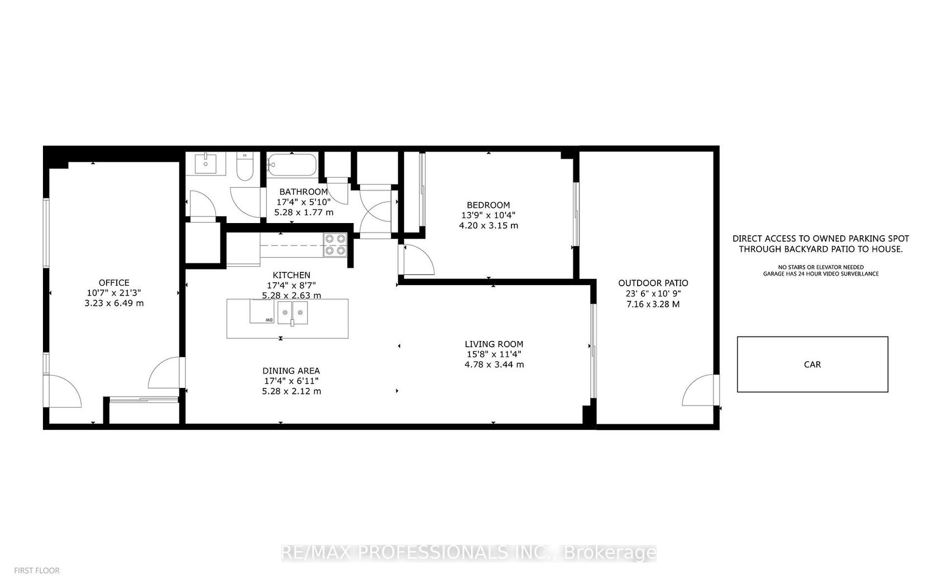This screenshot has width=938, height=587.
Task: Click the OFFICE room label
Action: (x=114, y=283)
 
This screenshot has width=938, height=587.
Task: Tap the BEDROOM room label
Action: (x=488, y=205)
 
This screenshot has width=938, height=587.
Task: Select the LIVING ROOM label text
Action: (x=494, y=344)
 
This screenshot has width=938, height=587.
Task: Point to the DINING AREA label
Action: (x=291, y=371)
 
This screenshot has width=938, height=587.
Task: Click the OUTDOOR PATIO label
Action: (x=653, y=283)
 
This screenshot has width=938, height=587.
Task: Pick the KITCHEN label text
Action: (x=291, y=275)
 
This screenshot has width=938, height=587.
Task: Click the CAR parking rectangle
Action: (x=812, y=364)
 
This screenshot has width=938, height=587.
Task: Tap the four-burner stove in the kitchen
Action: (x=336, y=245)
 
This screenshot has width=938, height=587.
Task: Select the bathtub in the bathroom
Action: (x=293, y=165)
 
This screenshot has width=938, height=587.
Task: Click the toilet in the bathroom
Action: (x=245, y=166)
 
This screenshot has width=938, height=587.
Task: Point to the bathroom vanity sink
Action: (x=206, y=163)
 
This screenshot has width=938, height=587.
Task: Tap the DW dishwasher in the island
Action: (x=262, y=311)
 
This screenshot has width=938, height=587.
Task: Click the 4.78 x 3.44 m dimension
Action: (x=494, y=364)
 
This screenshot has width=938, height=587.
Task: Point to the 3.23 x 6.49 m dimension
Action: (x=114, y=303)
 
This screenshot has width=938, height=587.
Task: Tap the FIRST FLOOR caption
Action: (x=37, y=571)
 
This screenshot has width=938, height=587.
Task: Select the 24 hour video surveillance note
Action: (x=821, y=274)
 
